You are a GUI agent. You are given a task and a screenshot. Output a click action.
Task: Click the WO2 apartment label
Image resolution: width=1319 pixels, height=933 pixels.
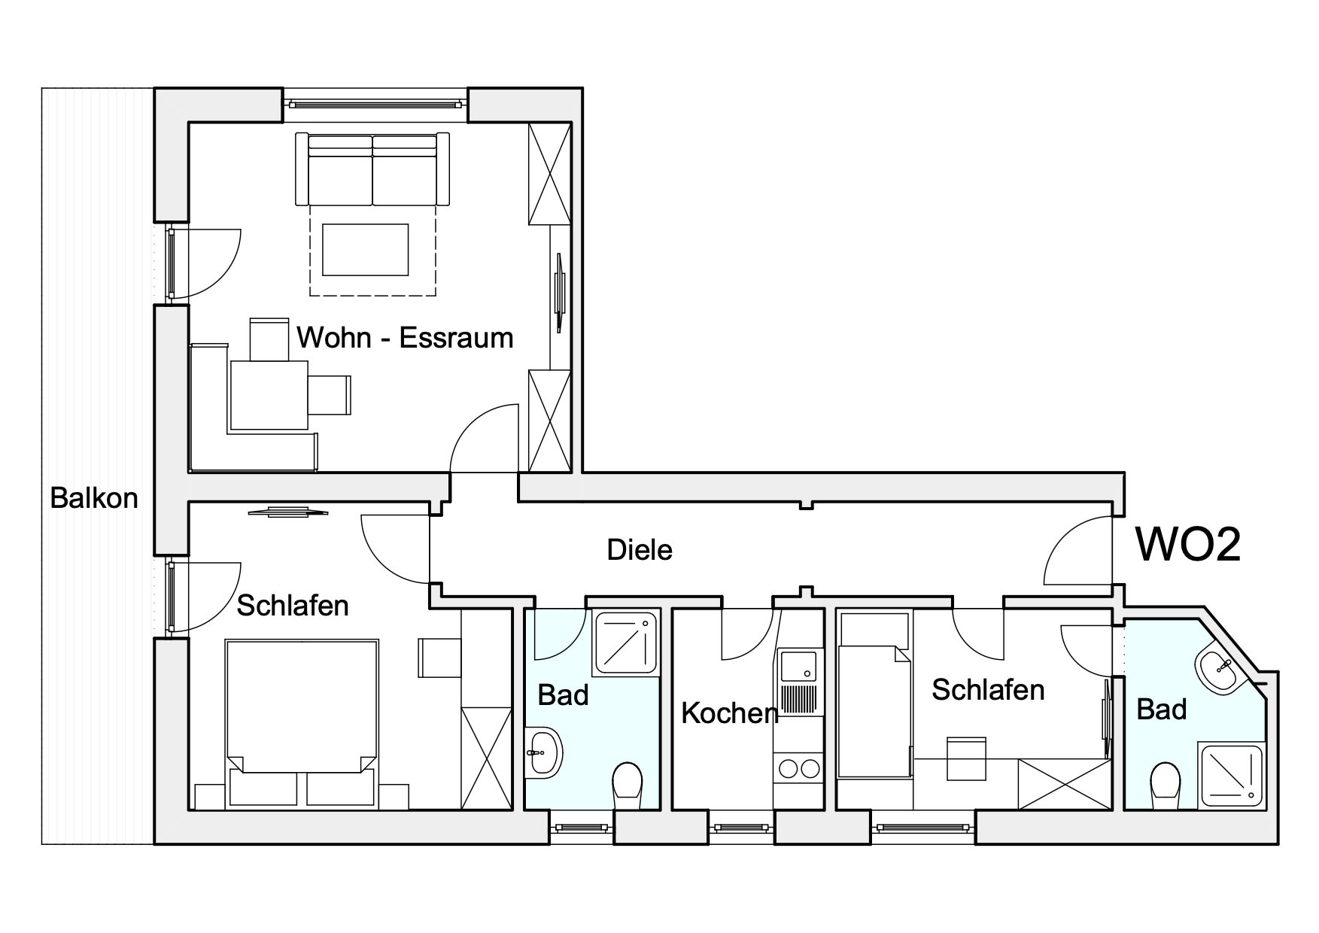point(1188,544)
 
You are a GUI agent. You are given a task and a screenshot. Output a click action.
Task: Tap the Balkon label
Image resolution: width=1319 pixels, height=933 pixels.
point(94,498)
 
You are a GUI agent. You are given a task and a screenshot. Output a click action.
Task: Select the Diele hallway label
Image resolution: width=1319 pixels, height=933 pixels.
point(640,550)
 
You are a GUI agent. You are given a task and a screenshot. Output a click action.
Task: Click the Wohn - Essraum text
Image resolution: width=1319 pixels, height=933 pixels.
point(405,338)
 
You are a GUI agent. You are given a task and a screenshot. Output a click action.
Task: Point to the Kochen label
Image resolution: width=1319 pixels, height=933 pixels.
point(729,713)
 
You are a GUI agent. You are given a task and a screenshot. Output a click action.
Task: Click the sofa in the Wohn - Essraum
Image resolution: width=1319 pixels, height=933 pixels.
point(372,169)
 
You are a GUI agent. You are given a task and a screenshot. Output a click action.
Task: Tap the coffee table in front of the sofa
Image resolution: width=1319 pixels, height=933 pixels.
point(366,250)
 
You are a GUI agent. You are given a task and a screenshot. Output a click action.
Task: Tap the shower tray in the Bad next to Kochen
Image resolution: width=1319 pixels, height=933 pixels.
point(626,643)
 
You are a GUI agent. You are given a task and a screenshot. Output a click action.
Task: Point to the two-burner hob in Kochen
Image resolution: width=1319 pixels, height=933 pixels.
point(798,768)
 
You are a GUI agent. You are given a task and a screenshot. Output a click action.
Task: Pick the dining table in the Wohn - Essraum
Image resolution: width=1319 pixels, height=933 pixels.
point(269,395)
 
